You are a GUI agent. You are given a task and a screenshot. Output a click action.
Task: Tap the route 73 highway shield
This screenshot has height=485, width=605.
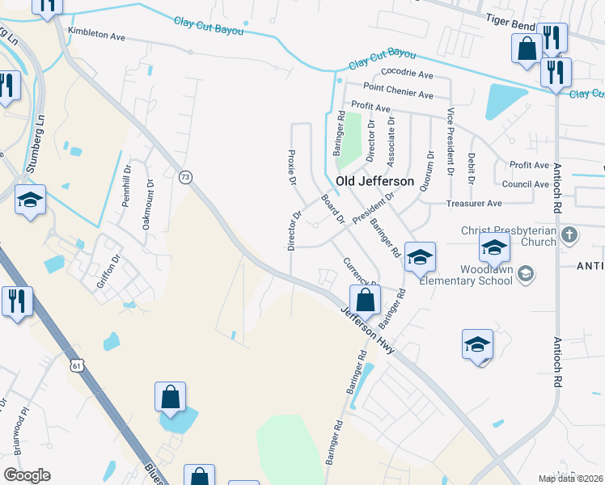tap(186, 177)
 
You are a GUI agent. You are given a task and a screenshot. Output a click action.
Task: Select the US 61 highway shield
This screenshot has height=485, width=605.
tap(77, 366)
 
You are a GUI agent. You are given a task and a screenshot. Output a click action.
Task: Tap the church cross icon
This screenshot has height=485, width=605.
tap(569, 236)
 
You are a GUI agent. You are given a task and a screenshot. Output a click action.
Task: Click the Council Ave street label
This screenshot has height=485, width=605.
tap(525, 184)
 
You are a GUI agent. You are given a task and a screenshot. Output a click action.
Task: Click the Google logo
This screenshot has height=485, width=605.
tap(27, 475)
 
